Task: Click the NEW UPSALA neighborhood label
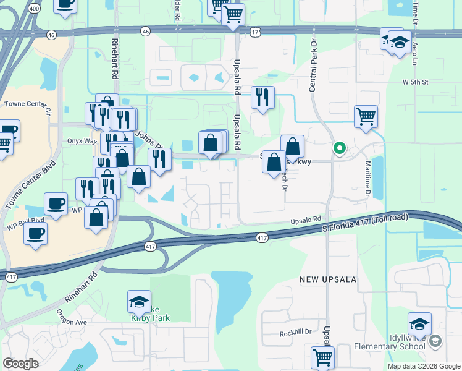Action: pyautogui.click(x=328, y=279)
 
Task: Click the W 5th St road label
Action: pyautogui.click(x=415, y=82)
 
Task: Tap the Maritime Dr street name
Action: pyautogui.click(x=368, y=179)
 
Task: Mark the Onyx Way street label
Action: pyautogui.click(x=82, y=141)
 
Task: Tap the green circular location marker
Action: pyautogui.click(x=339, y=148)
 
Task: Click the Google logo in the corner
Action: pyautogui.click(x=20, y=363)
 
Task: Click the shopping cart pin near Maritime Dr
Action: pyautogui.click(x=366, y=116)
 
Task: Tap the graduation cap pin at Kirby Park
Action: pyautogui.click(x=140, y=301)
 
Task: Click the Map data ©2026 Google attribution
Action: pyautogui.click(x=423, y=366)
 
